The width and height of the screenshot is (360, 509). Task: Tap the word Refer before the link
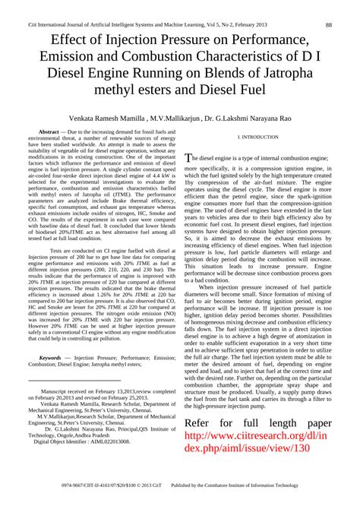pos(205,422)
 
